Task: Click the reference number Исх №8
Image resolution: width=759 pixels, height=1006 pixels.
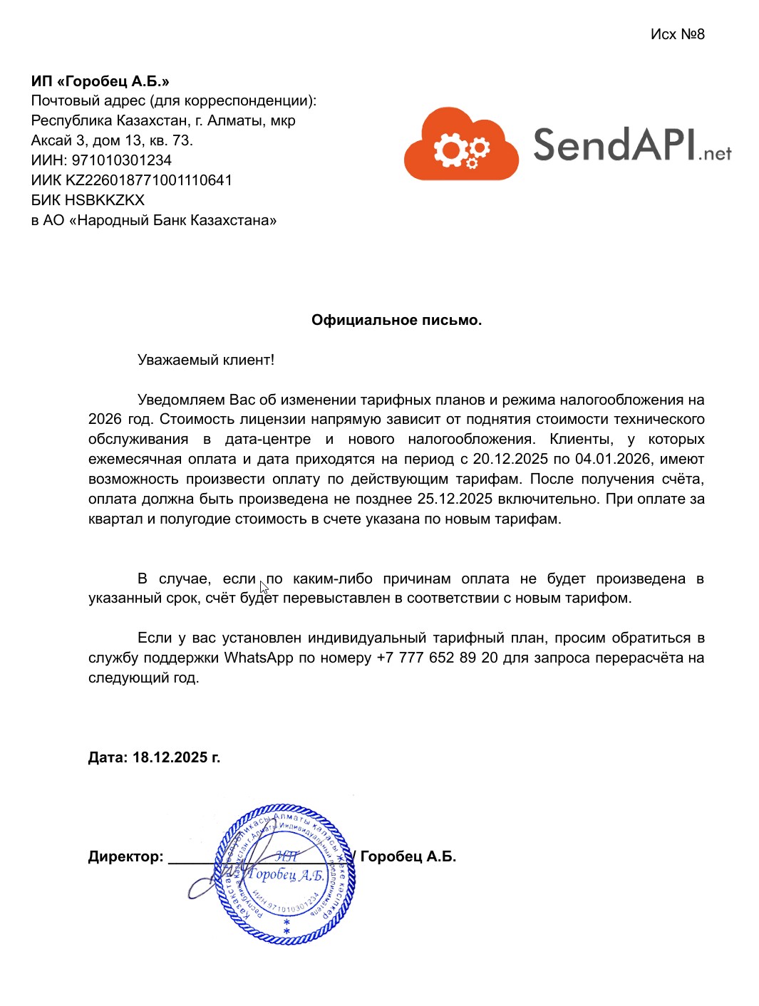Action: point(677,34)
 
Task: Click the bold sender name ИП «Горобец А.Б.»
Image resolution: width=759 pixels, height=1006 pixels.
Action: point(100,81)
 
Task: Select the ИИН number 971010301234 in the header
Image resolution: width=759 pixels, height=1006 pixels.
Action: point(121,160)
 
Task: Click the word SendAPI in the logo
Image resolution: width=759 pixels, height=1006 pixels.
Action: point(613,145)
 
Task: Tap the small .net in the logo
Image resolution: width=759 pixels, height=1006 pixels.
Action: point(715,153)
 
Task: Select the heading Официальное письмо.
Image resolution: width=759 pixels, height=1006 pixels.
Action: point(396,321)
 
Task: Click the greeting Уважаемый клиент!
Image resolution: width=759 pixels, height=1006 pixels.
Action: point(205,360)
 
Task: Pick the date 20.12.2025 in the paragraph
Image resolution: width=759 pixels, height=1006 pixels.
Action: point(510,459)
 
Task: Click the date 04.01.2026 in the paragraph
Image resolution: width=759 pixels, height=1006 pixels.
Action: point(613,459)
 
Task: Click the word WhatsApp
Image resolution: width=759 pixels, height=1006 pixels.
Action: point(259,658)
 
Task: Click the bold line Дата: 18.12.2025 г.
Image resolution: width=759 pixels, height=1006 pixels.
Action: point(154,757)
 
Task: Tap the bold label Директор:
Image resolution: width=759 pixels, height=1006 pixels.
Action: point(125,856)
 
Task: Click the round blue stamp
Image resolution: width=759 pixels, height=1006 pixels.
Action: point(286,875)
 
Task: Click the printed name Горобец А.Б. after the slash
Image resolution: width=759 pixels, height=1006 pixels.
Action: point(408,856)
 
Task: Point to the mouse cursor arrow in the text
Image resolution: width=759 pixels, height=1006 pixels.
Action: point(263,587)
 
